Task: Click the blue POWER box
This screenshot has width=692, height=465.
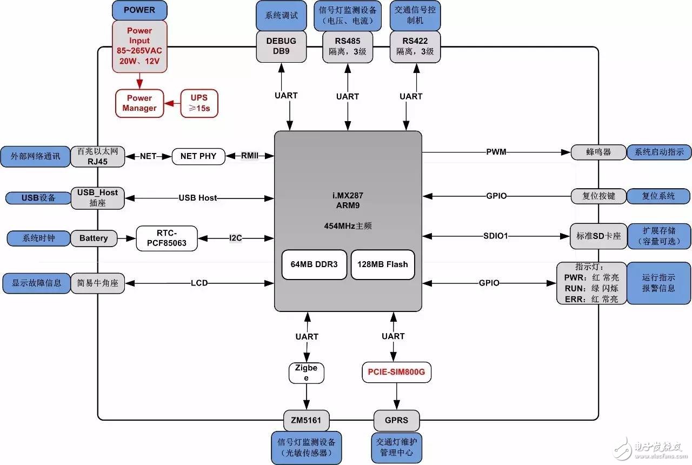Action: (x=139, y=10)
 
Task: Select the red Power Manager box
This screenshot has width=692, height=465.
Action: (x=139, y=103)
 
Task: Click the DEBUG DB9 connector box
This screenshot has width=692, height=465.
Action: (x=281, y=46)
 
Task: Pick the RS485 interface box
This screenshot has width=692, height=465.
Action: (x=347, y=46)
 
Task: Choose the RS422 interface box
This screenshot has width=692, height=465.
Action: (x=415, y=46)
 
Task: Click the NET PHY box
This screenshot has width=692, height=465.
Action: (x=198, y=156)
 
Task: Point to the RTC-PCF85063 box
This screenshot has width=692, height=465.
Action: (x=167, y=238)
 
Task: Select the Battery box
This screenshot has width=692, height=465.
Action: (x=94, y=238)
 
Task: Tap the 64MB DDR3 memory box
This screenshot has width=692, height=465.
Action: (x=314, y=265)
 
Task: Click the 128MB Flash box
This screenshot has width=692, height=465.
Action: (x=382, y=265)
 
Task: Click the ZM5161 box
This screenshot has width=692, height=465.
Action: (x=307, y=420)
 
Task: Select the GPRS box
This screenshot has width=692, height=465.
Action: (x=396, y=420)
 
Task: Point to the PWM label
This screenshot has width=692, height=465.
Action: (x=496, y=152)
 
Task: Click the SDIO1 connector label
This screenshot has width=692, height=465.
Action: (x=497, y=236)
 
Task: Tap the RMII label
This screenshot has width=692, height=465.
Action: (x=250, y=156)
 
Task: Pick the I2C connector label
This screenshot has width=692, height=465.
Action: (x=236, y=238)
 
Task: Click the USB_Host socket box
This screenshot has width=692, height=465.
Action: (x=97, y=197)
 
